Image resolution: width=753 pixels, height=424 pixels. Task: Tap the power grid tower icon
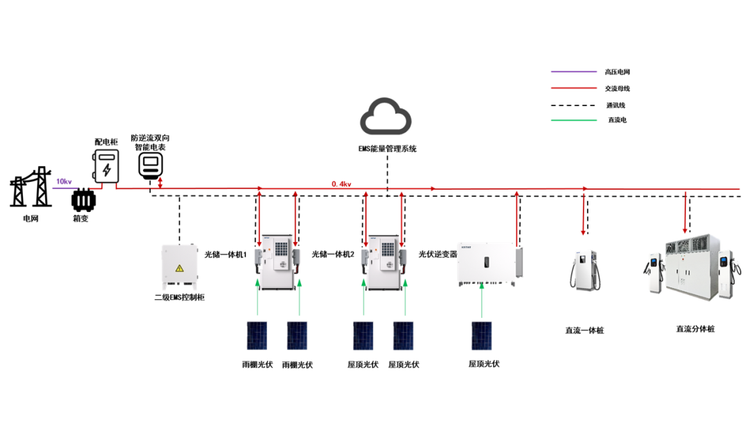click(31, 187)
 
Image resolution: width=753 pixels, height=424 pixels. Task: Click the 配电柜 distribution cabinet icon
click(106, 166)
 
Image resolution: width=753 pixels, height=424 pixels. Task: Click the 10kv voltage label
click(64, 181)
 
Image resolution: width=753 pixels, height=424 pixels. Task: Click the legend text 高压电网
click(618, 72)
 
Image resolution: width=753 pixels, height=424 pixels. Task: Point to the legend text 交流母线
click(618, 89)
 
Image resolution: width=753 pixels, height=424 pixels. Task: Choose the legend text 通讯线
click(616, 105)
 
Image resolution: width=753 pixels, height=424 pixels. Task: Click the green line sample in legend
click(573, 120)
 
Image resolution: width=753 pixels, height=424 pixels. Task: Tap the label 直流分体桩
click(695, 329)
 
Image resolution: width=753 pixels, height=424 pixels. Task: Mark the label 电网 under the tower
click(30, 218)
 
